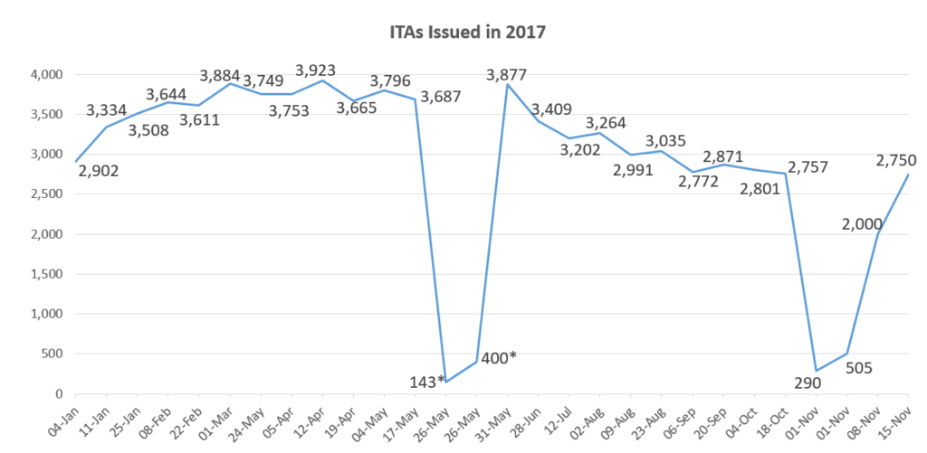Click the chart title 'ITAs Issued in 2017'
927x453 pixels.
pyautogui.click(x=463, y=32)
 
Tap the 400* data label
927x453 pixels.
pyautogui.click(x=498, y=358)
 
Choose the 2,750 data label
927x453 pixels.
pyautogui.click(x=896, y=160)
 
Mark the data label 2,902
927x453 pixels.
pyautogui.click(x=99, y=172)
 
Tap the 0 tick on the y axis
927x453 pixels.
pyautogui.click(x=57, y=394)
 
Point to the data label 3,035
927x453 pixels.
pyautogui.click(x=665, y=140)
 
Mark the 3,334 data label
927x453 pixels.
pyautogui.click(x=108, y=110)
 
